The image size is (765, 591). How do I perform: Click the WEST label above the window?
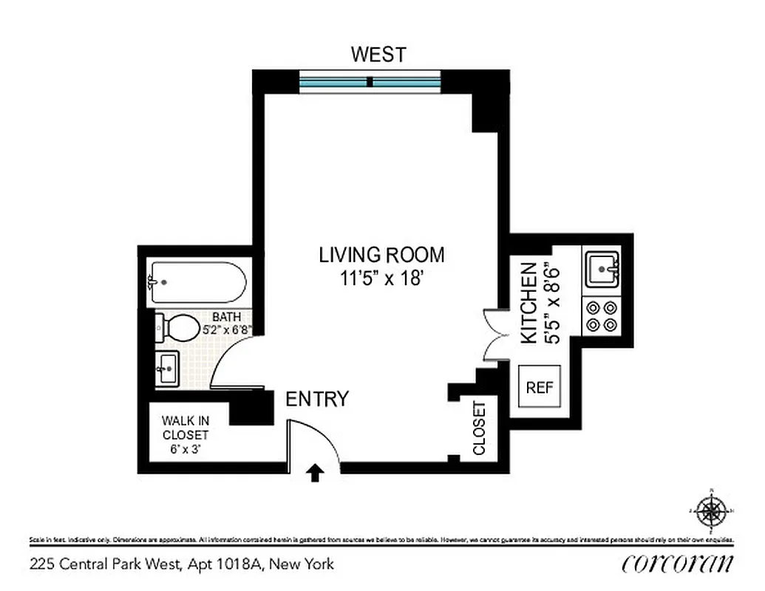pyautogui.click(x=378, y=55)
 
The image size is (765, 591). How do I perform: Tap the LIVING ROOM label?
pyautogui.click(x=381, y=256)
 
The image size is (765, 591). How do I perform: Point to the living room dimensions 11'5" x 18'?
pyautogui.click(x=381, y=279)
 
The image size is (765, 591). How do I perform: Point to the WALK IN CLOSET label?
pyautogui.click(x=185, y=428)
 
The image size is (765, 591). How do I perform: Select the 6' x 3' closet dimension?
pyautogui.click(x=185, y=448)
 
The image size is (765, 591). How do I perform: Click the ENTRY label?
pyautogui.click(x=316, y=400)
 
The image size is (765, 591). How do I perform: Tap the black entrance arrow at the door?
pyautogui.click(x=315, y=473)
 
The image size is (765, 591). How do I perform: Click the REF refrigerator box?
pyautogui.click(x=539, y=387)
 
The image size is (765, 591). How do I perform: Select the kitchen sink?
pyautogui.click(x=603, y=269)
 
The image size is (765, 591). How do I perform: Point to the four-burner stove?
pyautogui.click(x=602, y=315)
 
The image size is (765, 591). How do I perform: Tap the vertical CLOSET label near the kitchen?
pyautogui.click(x=479, y=428)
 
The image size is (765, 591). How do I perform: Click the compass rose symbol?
pyautogui.click(x=711, y=510)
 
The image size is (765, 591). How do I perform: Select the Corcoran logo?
pyautogui.click(x=678, y=564)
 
